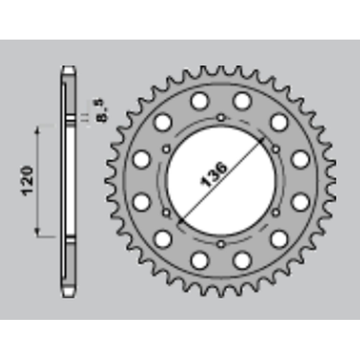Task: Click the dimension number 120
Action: tap(27, 181)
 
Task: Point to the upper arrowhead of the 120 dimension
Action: tap(37, 131)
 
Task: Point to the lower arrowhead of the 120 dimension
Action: tap(37, 232)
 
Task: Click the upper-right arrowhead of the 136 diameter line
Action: tap(261, 140)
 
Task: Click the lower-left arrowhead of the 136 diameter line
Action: tap(182, 221)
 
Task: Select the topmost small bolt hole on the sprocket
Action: tap(221, 118)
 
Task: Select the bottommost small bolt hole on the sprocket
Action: tap(221, 244)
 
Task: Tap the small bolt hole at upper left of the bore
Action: tap(167, 149)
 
